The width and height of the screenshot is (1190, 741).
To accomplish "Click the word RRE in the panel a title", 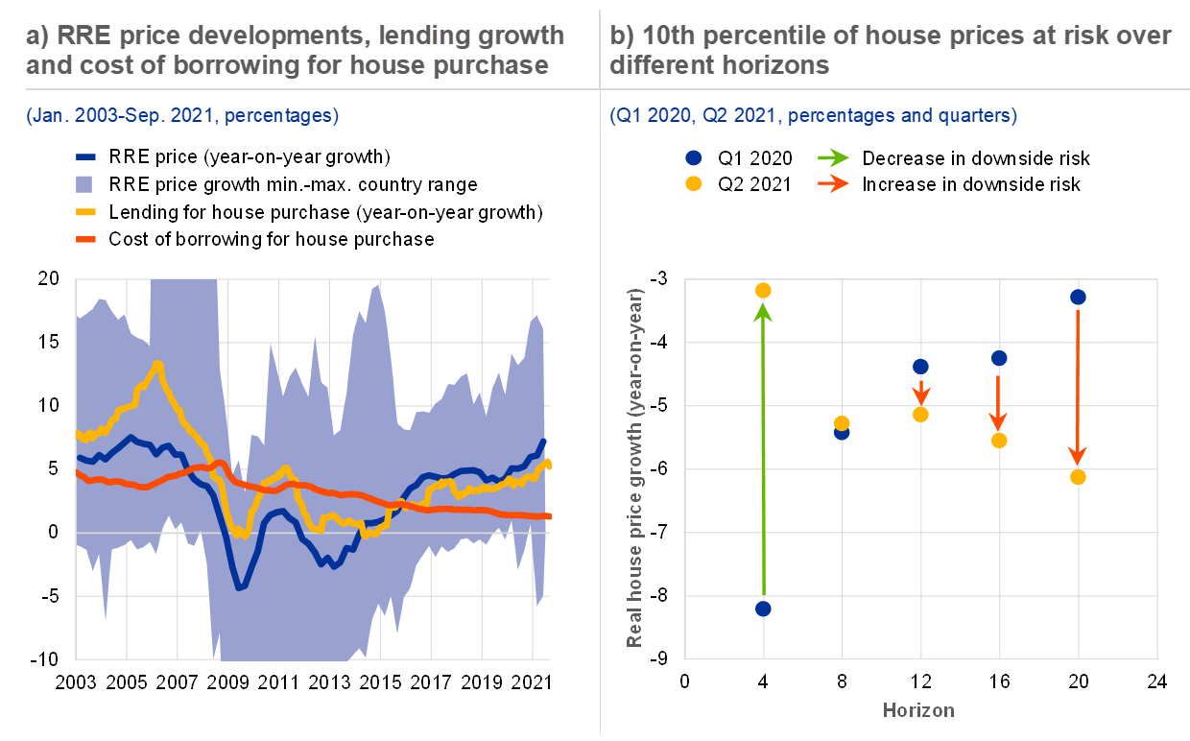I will pos(83,36).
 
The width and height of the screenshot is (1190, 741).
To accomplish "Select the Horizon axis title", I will pos(918,710).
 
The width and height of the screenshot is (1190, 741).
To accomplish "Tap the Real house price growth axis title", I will pos(634,467).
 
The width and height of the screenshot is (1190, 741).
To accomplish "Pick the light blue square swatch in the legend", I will pos(85,183).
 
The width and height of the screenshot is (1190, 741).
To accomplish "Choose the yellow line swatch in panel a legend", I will pos(85,211).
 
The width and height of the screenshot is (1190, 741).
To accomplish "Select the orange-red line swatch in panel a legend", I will pos(85,239).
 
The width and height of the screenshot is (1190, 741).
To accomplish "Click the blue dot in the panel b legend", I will pos(694,158).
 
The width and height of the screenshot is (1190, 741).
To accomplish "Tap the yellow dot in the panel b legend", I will pos(694,183).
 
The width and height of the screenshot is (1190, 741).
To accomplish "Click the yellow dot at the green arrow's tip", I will pos(763,291).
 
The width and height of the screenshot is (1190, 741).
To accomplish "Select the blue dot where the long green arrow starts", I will pos(763,609).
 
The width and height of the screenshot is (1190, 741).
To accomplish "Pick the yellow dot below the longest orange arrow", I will pos(1078,477).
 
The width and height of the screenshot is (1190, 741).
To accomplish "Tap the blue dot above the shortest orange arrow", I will pos(920,367).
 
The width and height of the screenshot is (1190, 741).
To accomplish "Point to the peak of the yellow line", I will pos(157,364).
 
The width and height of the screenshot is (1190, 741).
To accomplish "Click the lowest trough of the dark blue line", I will pos(239,586).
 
